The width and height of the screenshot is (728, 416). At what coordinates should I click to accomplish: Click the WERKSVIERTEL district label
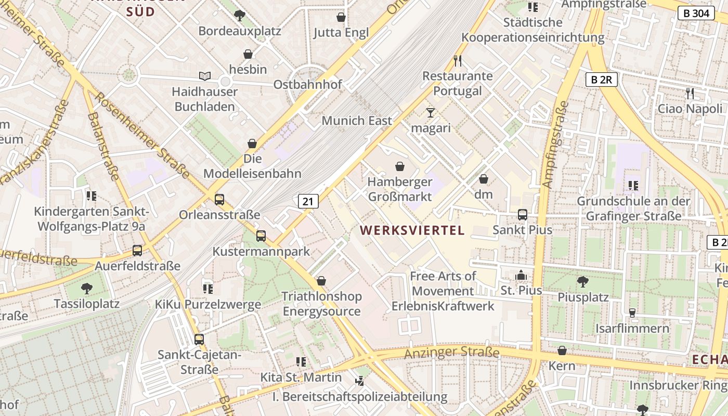click(x=412, y=230)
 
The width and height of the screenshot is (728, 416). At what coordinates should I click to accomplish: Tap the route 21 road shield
click(x=308, y=201)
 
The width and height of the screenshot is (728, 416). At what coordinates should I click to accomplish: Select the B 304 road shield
click(x=696, y=13)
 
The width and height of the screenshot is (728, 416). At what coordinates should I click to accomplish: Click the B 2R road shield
click(x=601, y=80)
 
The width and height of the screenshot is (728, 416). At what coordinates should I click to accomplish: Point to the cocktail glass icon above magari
click(x=430, y=112)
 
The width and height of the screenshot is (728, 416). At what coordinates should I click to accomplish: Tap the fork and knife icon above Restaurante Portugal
click(x=458, y=61)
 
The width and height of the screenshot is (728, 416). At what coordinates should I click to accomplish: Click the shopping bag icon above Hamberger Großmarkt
click(x=400, y=166)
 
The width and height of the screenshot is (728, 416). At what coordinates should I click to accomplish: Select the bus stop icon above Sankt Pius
click(x=523, y=214)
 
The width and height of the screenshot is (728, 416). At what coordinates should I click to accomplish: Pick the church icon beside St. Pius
click(x=521, y=276)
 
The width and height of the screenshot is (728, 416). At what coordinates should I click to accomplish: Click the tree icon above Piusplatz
click(x=583, y=282)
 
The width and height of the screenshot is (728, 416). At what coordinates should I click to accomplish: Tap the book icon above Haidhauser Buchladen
click(x=205, y=76)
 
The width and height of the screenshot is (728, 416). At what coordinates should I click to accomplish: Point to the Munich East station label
click(x=357, y=121)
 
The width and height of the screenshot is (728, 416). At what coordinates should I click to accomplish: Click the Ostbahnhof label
click(x=307, y=85)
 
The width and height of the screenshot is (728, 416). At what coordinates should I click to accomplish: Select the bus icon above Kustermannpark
click(x=261, y=236)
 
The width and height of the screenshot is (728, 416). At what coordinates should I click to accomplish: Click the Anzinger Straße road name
click(x=451, y=353)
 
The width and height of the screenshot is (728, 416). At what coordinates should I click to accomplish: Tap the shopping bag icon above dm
click(x=484, y=179)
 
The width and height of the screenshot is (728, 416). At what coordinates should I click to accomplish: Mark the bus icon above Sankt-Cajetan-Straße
click(x=199, y=340)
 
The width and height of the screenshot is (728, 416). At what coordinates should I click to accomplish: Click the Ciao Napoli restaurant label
click(x=690, y=109)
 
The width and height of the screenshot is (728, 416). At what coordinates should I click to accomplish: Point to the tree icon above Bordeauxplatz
click(x=240, y=16)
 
